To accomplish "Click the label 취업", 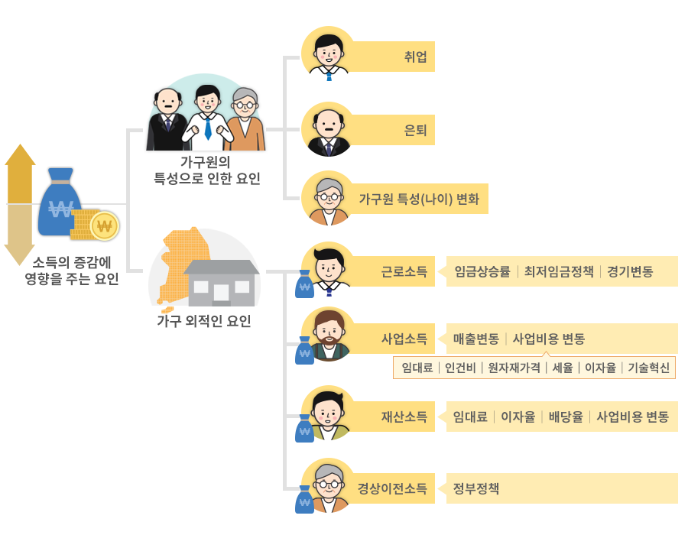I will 415,57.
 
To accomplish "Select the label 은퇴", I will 415,130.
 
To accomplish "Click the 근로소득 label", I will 404,271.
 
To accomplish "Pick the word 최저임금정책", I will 559,271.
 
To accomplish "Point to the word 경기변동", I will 630,271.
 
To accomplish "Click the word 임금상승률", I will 482,271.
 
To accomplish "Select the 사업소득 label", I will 404,339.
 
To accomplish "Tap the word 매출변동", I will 475,339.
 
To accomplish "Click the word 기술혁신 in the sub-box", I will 648,368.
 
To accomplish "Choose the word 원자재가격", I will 514,368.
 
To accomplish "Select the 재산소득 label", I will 404,417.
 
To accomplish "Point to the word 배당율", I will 566,417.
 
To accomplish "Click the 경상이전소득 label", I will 391,488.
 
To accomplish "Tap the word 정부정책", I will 475,488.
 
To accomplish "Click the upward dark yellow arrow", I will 20,173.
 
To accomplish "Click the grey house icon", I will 221,283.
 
